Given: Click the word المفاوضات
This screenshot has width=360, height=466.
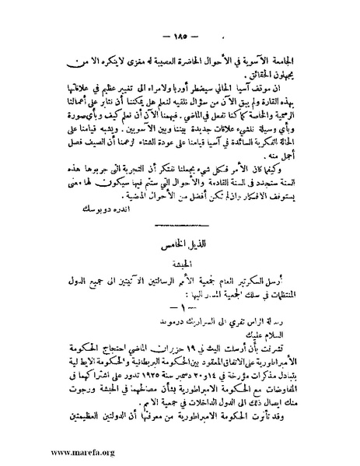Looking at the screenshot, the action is click(x=291, y=397).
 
